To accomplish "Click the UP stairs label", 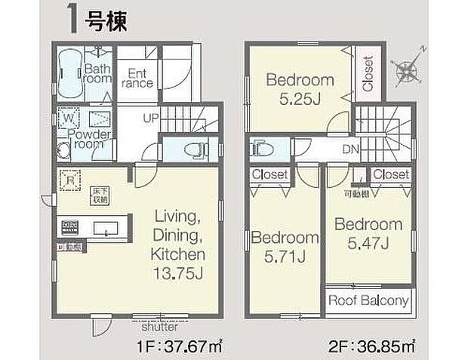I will click(x=152, y=119).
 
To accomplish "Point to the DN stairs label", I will click(x=349, y=149).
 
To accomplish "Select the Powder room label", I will click(x=90, y=139).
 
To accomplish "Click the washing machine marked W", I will click(x=66, y=119).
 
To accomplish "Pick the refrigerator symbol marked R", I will click(x=69, y=180).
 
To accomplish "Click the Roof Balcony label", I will click(x=369, y=300).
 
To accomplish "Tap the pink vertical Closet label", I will click(x=367, y=74).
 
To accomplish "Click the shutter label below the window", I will click(x=159, y=328).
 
